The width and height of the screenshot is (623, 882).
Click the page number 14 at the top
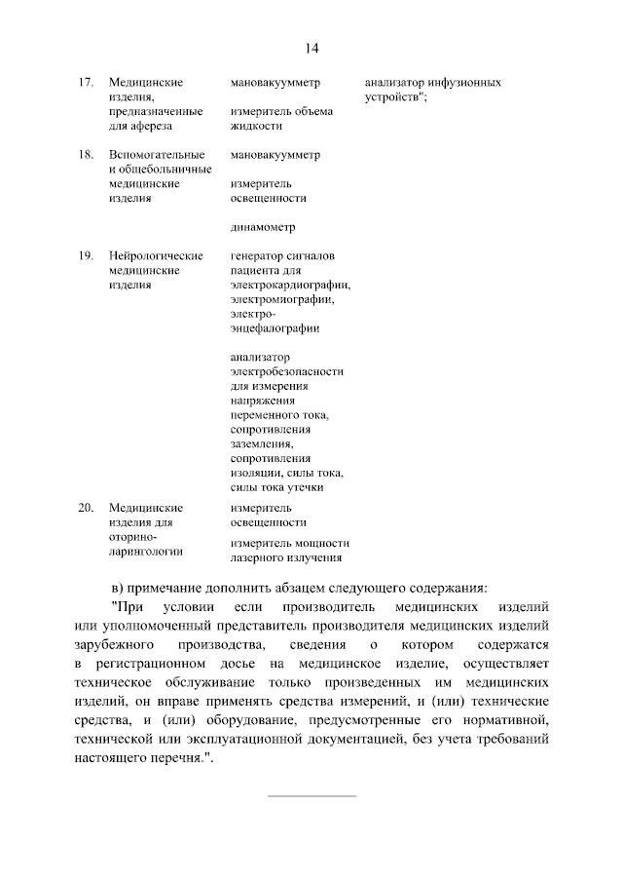(311, 48)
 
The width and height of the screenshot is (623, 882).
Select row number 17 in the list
(85, 84)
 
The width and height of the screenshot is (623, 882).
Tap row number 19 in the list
(85, 255)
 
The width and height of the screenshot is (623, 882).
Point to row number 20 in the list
(85, 508)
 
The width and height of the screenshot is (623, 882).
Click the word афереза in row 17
(148, 126)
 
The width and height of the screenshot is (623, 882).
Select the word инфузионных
(461, 84)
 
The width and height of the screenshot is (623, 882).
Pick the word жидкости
(257, 126)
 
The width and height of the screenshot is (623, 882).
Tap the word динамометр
(263, 230)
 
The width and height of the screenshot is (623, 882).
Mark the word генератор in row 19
(258, 255)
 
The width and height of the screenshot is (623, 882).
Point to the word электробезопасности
(287, 371)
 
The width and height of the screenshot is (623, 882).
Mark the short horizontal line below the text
(311, 797)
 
